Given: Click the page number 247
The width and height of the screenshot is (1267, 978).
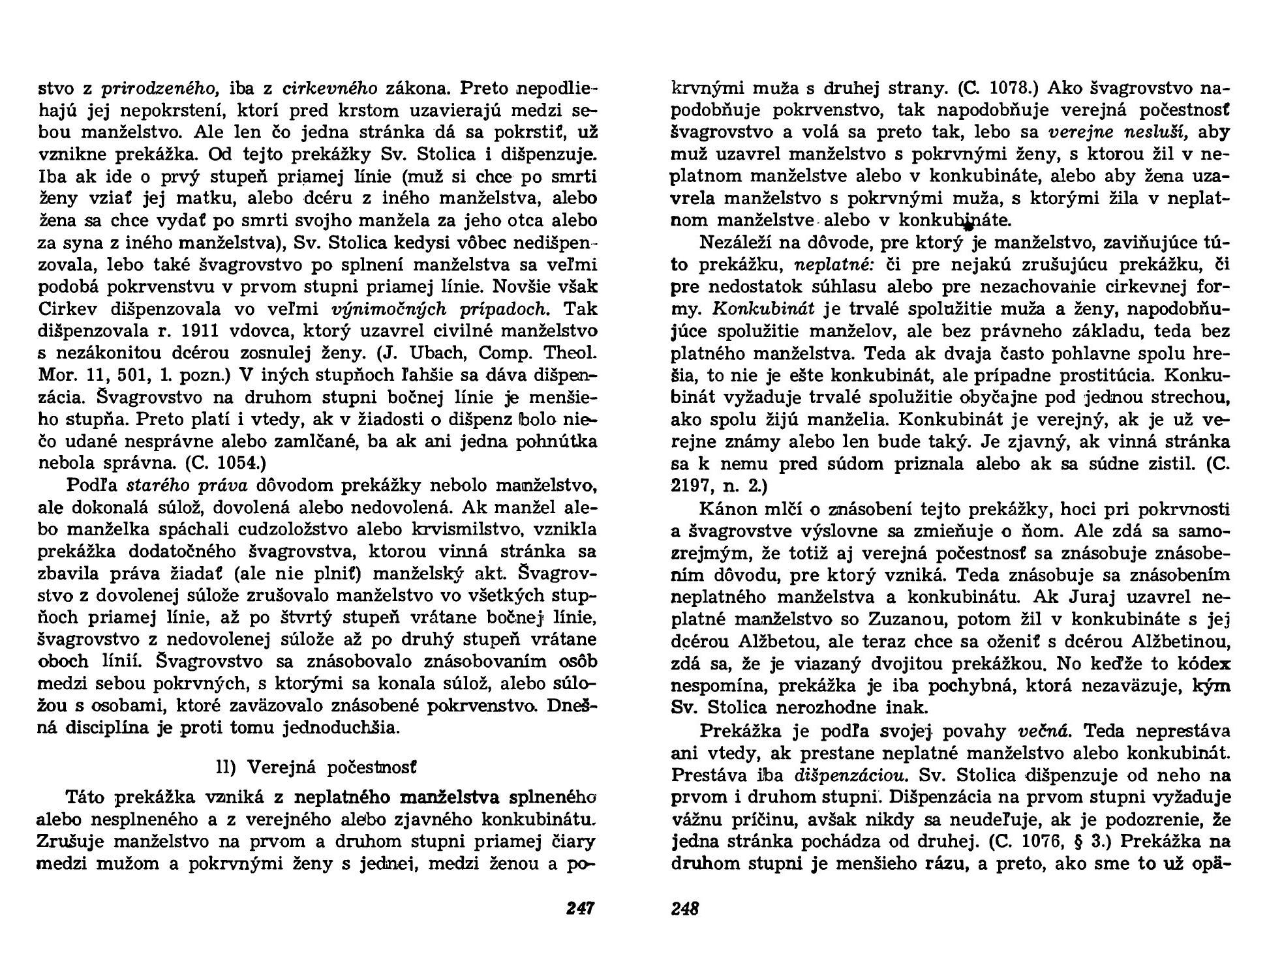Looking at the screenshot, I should pyautogui.click(x=580, y=908).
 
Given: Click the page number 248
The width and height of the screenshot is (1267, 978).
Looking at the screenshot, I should pyautogui.click(x=685, y=908).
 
